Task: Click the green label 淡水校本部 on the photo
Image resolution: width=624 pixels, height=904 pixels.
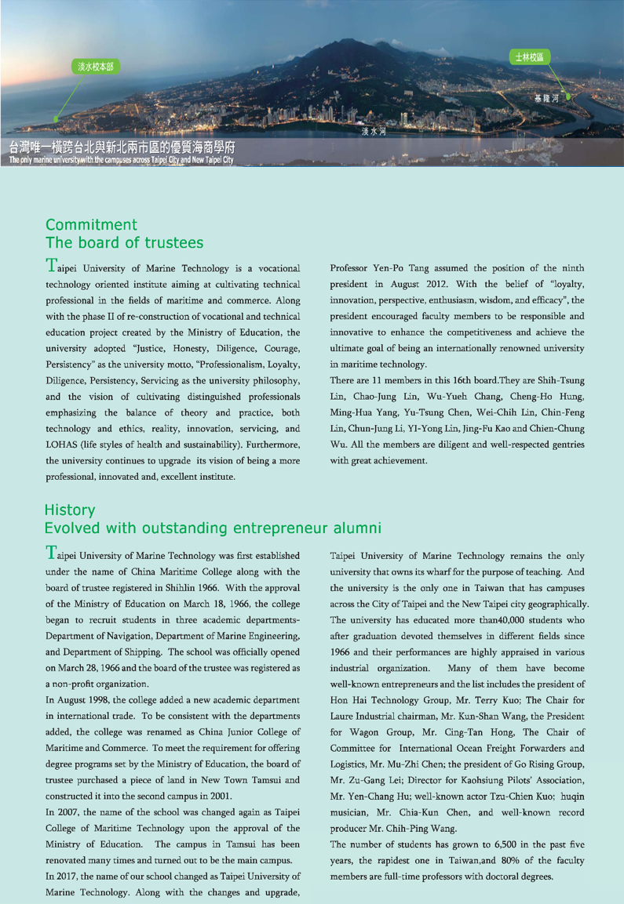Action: [x=94, y=67]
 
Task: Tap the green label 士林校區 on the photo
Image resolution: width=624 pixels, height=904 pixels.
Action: [x=530, y=57]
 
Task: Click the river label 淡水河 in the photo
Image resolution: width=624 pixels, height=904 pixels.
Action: [x=374, y=131]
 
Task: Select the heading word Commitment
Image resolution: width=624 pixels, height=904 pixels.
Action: [x=92, y=226]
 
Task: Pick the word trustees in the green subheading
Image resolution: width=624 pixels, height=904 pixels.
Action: [x=171, y=242]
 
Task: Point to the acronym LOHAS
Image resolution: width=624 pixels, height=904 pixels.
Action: [x=64, y=443]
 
